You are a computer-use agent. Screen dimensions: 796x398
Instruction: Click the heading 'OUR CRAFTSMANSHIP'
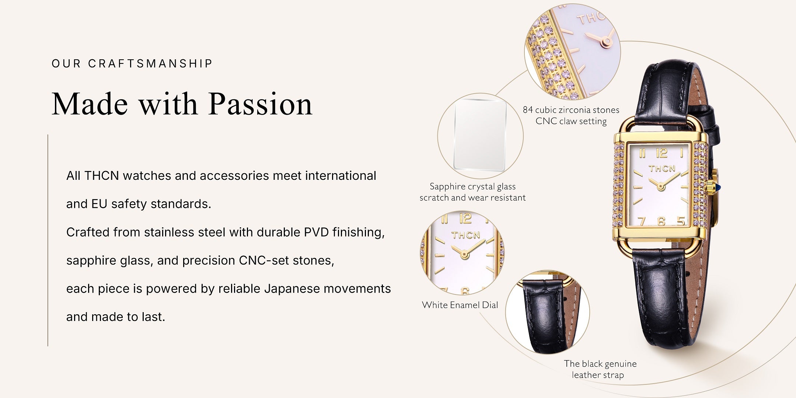[132, 63]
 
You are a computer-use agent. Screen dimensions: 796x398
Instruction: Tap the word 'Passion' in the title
[260, 104]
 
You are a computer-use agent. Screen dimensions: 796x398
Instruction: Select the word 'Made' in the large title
[91, 104]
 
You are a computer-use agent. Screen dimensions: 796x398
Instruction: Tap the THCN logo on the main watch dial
[662, 169]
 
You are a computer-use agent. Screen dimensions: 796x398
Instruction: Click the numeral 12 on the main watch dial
[662, 153]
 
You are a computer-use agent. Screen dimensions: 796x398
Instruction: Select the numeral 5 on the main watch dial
[681, 221]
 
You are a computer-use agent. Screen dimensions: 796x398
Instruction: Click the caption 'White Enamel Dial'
[460, 305]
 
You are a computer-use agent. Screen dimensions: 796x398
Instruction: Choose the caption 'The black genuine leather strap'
[600, 369]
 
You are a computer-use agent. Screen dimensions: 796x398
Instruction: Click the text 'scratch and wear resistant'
[472, 198]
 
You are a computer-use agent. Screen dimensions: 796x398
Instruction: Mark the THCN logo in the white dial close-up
[466, 235]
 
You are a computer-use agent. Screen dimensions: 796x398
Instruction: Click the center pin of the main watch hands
[660, 187]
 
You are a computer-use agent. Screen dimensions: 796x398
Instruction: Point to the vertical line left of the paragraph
[48, 240]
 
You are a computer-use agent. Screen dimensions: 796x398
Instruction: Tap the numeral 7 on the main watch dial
[642, 221]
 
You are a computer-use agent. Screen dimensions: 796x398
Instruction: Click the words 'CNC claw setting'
[571, 121]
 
